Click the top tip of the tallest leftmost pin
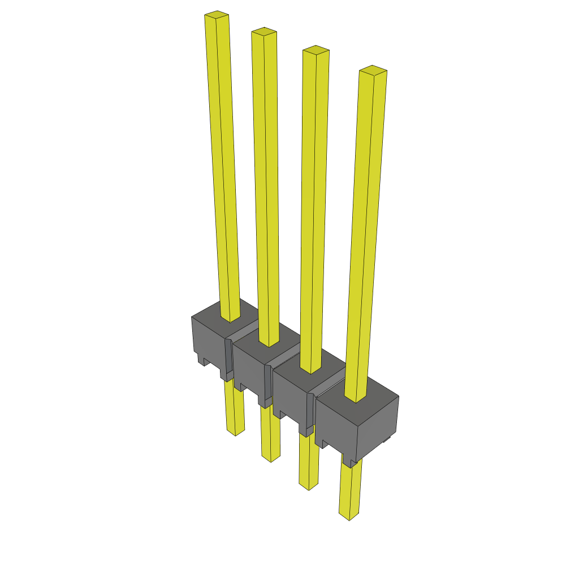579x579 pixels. click(217, 14)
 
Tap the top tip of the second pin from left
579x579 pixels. click(264, 31)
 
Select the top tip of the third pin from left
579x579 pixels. click(316, 50)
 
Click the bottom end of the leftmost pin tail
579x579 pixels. click(236, 432)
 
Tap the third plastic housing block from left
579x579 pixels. click(291, 396)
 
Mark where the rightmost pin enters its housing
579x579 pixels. click(356, 400)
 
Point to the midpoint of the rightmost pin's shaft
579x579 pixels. click(365, 235)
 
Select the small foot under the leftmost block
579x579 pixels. click(200, 359)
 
